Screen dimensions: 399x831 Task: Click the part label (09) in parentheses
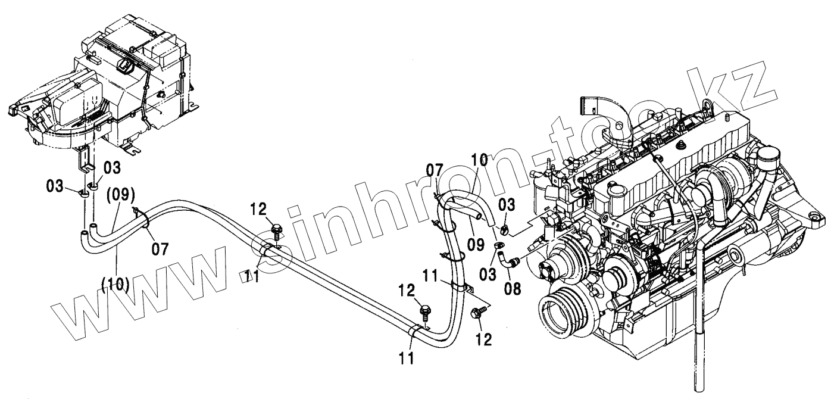pyautogui.click(x=122, y=194)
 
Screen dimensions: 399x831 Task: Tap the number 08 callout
pyautogui.click(x=513, y=289)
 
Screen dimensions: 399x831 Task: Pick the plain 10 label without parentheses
pyautogui.click(x=479, y=160)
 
